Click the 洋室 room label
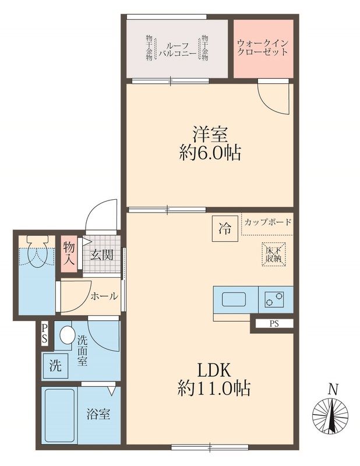coord(210,135)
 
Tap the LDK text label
coord(214,370)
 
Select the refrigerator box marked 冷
coord(225,228)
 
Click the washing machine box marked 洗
coord(55,365)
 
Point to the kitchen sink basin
coord(234,299)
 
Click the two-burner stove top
coord(274,299)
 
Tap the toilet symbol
coord(38,250)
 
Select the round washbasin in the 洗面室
coord(67,334)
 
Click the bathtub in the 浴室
coord(59,415)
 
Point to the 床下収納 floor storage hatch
coord(273,254)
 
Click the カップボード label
coord(267,222)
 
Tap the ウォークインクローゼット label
coord(263,48)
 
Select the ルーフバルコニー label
coord(178,50)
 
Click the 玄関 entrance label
coord(102,255)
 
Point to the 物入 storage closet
coord(69,253)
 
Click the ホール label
coord(104,296)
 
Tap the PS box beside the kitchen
coord(274,324)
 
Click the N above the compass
coord(333,389)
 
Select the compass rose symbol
coord(330,415)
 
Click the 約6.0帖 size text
coord(210,153)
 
